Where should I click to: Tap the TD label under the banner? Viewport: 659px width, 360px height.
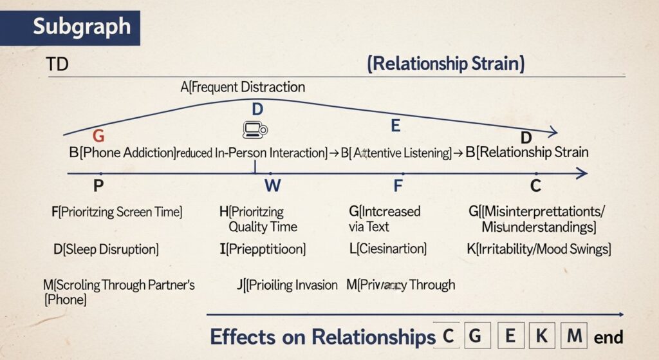coord(58,64)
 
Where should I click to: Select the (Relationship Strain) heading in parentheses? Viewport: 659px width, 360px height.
coord(445,64)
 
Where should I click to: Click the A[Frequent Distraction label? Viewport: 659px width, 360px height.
coord(243,87)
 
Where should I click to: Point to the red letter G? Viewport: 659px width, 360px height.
coord(98,136)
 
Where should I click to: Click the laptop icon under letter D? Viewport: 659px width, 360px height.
coord(255,129)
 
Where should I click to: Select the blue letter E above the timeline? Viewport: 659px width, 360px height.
coord(396,126)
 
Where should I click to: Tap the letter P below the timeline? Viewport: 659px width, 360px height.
coord(98,186)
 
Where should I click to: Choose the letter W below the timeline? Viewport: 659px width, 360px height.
coord(272,187)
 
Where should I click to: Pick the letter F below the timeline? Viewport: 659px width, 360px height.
coord(398,187)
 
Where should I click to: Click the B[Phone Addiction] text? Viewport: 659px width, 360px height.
coord(122,153)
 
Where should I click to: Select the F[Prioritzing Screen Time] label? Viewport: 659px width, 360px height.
coord(116,212)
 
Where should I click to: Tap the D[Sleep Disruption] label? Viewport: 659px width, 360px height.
coord(106,249)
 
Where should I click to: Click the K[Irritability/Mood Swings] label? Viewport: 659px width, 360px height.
coord(538,249)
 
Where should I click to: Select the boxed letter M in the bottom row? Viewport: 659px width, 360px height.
coord(573,336)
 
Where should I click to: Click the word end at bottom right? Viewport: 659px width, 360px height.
coord(608,337)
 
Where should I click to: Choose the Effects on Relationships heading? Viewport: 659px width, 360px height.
coord(322,337)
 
